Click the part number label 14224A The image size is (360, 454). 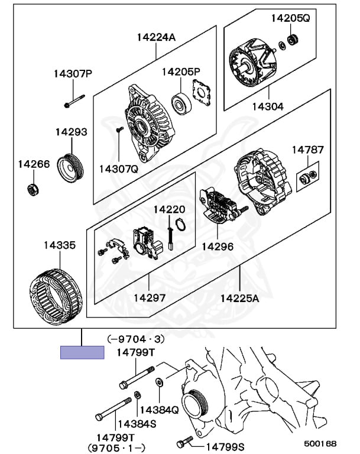(x=156, y=37)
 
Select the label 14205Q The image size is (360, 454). (x=290, y=18)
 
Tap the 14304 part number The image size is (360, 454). (x=269, y=107)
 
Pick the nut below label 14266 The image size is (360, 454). (x=33, y=189)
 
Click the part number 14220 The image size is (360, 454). (x=169, y=209)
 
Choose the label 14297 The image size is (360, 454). (x=150, y=299)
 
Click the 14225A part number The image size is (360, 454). (x=240, y=299)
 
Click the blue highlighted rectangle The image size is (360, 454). (x=82, y=353)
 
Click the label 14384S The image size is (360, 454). (x=136, y=424)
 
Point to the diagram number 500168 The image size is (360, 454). (x=320, y=442)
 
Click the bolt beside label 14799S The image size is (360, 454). (x=184, y=443)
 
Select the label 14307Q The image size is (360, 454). (x=118, y=169)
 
